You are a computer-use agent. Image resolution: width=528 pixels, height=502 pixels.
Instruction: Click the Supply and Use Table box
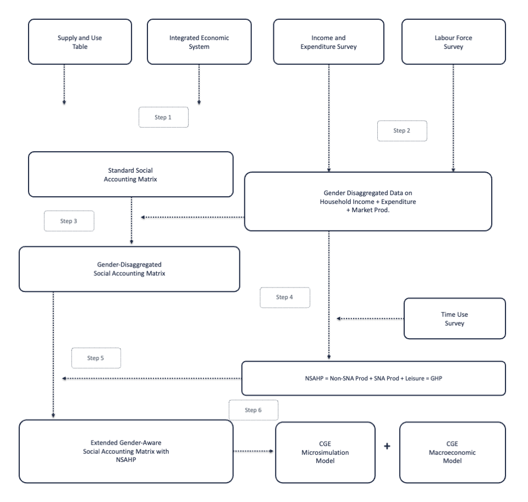click(80, 42)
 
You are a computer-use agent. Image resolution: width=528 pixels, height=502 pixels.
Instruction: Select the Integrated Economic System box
click(199, 42)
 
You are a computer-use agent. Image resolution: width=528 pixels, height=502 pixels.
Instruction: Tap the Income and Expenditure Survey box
click(329, 42)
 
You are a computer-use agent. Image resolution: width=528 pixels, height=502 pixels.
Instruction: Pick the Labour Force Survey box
click(454, 42)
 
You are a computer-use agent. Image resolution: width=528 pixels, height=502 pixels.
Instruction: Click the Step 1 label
click(163, 117)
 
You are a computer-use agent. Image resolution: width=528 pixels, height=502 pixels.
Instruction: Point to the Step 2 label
click(402, 131)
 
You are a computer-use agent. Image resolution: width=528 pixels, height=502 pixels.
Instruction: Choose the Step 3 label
click(69, 221)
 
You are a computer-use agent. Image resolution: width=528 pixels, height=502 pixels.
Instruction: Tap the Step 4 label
click(285, 297)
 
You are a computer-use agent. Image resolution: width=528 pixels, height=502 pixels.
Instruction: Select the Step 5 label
click(96, 358)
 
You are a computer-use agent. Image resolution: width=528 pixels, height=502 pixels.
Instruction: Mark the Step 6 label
click(254, 410)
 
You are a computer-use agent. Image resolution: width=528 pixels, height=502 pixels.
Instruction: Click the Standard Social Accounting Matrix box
click(131, 174)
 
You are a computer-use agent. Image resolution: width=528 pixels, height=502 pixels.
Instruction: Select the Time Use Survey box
click(455, 318)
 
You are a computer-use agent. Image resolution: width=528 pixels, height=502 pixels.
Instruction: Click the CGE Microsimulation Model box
click(325, 452)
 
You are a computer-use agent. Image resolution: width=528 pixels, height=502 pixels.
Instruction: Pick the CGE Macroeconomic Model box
click(453, 452)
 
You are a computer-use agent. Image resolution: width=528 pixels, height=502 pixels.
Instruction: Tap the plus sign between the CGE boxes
click(387, 446)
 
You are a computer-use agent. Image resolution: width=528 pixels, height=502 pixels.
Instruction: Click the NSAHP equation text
click(373, 378)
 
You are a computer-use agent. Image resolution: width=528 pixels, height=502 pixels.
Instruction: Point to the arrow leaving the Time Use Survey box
click(370, 318)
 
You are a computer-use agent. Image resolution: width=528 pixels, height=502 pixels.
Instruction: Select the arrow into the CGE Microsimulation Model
click(254, 451)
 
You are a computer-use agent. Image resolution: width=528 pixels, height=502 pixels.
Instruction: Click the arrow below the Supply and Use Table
click(64, 85)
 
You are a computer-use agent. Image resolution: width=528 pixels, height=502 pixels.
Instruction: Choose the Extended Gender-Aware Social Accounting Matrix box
click(126, 451)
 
